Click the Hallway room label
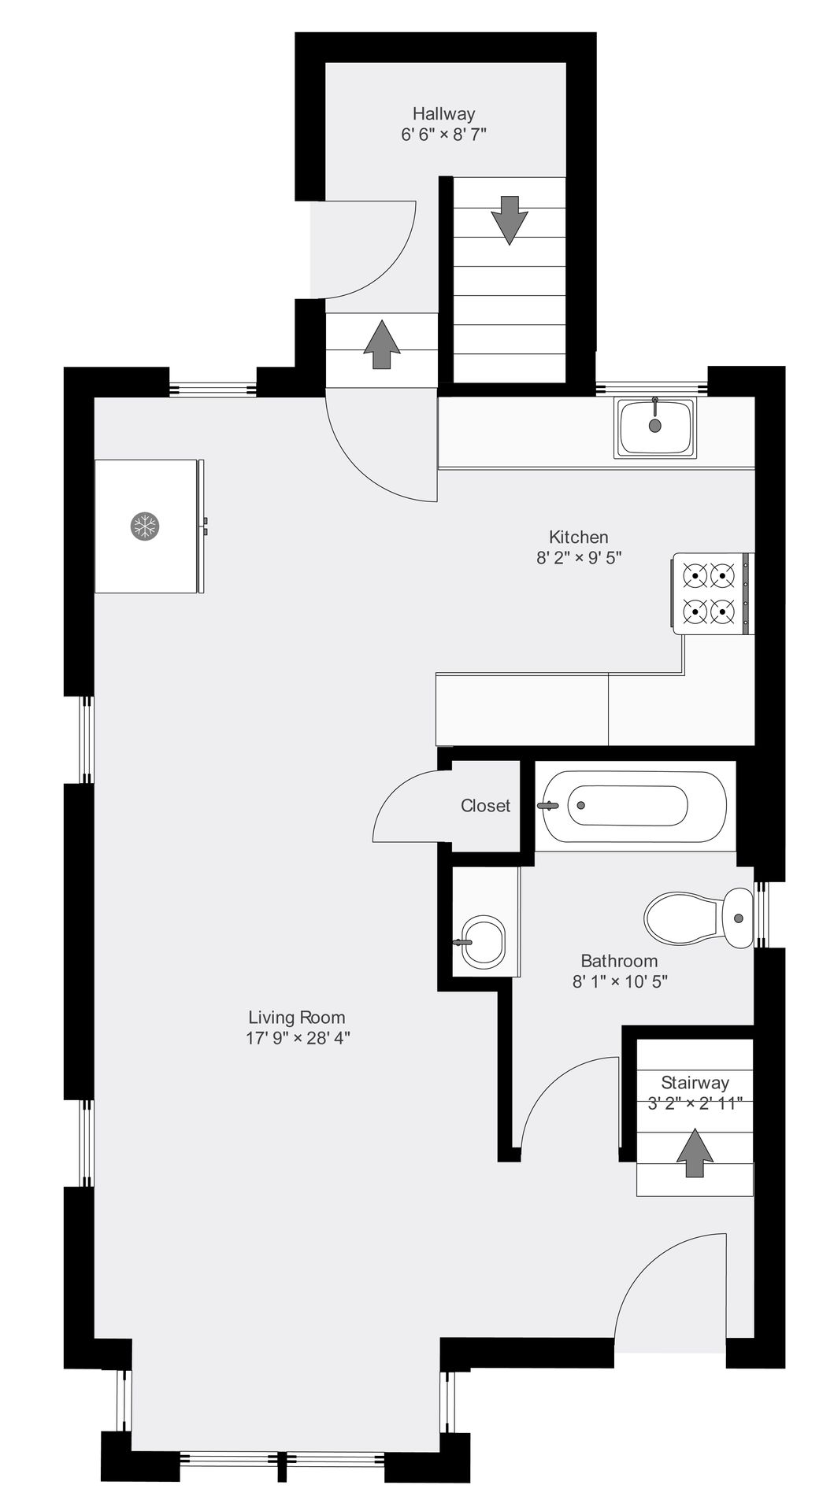pyautogui.click(x=443, y=113)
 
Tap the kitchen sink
pyautogui.click(x=656, y=427)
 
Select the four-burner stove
pyautogui.click(x=713, y=593)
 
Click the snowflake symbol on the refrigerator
pyautogui.click(x=145, y=526)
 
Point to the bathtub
pyautogui.click(x=635, y=805)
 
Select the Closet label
pyautogui.click(x=485, y=806)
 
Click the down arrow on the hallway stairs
pyautogui.click(x=510, y=220)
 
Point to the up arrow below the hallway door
pyautogui.click(x=382, y=344)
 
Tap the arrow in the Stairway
pyautogui.click(x=695, y=1153)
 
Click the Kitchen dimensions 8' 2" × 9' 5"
pyautogui.click(x=579, y=558)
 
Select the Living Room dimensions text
pyautogui.click(x=298, y=1037)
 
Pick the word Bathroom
pyautogui.click(x=619, y=960)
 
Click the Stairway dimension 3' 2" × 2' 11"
pyautogui.click(x=695, y=1103)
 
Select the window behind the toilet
pyautogui.click(x=761, y=914)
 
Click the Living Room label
pyautogui.click(x=297, y=1017)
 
